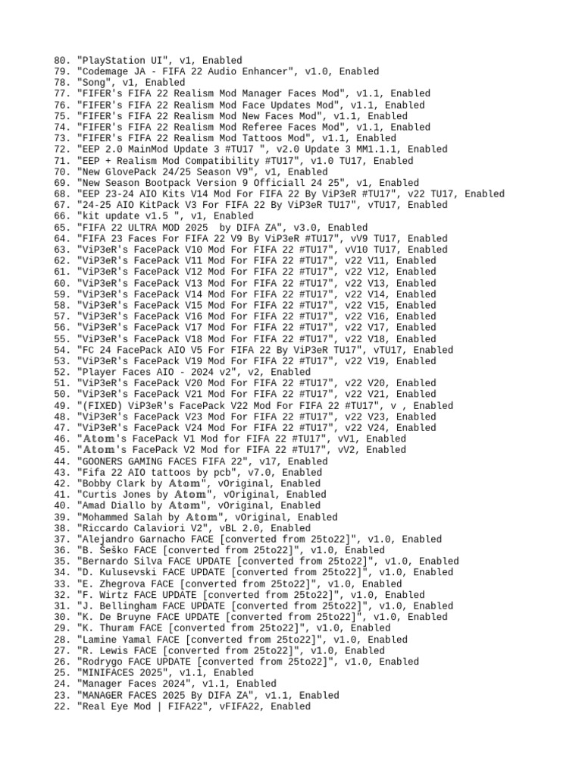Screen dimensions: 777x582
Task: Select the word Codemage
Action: click(x=105, y=71)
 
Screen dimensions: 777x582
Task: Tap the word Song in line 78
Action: click(x=94, y=83)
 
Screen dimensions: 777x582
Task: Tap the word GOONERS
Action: click(x=102, y=461)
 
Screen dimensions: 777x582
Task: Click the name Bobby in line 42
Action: click(x=97, y=483)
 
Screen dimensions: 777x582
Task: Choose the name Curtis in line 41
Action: click(x=99, y=495)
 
